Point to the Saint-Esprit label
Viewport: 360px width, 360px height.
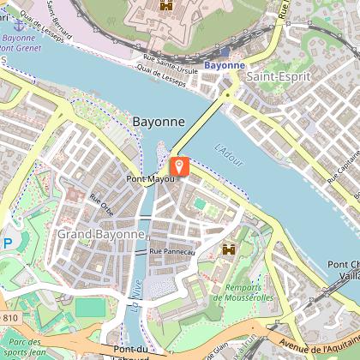pyautogui.click(x=272, y=77)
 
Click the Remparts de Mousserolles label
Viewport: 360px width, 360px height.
pyautogui.click(x=244, y=292)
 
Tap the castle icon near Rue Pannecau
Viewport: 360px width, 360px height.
pyautogui.click(x=229, y=249)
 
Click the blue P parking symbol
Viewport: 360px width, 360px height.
pyautogui.click(x=7, y=243)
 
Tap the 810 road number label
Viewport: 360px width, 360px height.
pyautogui.click(x=9, y=318)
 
